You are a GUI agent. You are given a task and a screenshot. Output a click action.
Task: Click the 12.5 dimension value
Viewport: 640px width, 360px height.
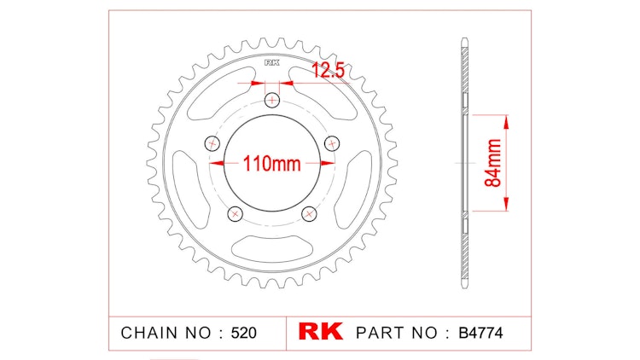pos(327,72)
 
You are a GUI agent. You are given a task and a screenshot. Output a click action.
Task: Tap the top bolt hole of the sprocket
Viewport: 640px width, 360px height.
pos(272,101)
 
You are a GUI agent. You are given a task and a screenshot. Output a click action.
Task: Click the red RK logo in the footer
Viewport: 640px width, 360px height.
pos(320,332)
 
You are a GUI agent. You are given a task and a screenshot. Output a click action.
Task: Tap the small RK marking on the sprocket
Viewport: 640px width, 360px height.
pos(272,62)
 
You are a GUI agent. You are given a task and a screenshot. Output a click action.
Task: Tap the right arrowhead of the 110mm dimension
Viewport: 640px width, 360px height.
pos(328,163)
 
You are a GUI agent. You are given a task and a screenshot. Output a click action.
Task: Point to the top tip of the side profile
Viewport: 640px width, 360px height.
pos(464,39)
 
